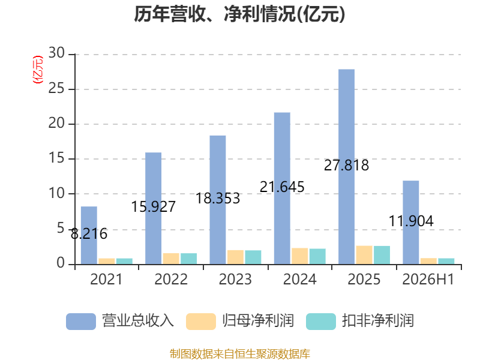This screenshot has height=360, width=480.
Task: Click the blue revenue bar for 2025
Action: [347, 167]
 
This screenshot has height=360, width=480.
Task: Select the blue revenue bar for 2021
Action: [89, 235]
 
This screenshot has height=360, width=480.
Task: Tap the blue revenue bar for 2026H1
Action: [411, 222]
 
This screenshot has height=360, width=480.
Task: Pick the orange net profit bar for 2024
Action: [299, 256]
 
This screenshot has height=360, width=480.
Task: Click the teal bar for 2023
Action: [253, 257]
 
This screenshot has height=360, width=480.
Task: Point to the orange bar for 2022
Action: [171, 259]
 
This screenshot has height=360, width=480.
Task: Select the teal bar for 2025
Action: [382, 255]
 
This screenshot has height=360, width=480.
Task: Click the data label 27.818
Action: [347, 166]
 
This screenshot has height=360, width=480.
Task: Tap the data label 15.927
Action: [154, 206]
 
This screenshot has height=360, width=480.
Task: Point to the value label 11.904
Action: [411, 221]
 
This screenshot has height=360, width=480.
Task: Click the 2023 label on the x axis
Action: [235, 279]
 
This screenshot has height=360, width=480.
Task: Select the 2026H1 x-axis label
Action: [428, 279]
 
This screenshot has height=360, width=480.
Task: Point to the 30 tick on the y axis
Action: [56, 53]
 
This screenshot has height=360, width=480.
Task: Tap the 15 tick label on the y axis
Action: [56, 158]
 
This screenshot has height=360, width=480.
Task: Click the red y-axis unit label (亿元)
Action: [38, 70]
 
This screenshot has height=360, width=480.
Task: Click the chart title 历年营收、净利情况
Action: [239, 14]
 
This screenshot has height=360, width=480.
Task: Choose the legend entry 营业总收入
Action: [120, 321]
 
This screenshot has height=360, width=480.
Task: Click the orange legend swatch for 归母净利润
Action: [201, 322]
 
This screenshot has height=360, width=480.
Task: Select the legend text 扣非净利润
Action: [378, 321]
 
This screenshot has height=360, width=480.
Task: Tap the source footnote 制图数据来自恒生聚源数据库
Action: [240, 354]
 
